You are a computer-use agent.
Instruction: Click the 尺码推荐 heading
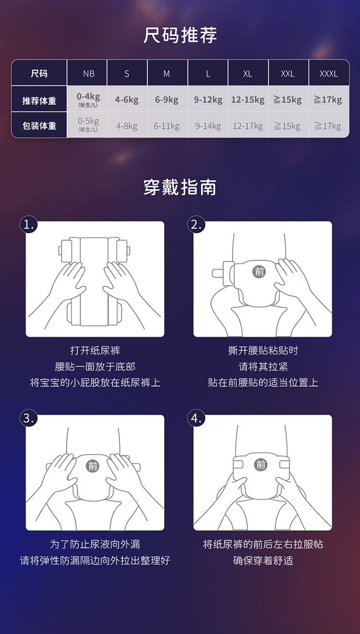point(180,35)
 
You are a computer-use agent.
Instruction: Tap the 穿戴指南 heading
point(180,187)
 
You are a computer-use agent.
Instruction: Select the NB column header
point(89,74)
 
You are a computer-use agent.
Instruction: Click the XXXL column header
point(329,74)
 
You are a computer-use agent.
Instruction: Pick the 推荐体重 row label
point(39,101)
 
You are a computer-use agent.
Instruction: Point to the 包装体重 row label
point(39,126)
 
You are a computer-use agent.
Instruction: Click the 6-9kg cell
point(167,99)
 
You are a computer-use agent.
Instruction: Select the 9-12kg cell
point(208,99)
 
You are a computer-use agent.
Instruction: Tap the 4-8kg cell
point(127,126)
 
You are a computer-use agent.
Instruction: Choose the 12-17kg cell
point(248,126)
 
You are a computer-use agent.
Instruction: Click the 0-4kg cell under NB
point(88,99)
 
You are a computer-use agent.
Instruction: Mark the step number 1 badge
point(29,225)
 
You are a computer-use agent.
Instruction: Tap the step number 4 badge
point(196,418)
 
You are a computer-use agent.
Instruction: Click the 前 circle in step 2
point(259,272)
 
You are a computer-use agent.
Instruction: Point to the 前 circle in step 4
point(261,465)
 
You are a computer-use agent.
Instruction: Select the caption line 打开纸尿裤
point(95,351)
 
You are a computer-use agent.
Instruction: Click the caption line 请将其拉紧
point(263,367)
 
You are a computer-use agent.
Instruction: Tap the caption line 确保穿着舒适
point(263,561)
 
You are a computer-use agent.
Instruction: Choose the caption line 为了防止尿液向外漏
point(95,544)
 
